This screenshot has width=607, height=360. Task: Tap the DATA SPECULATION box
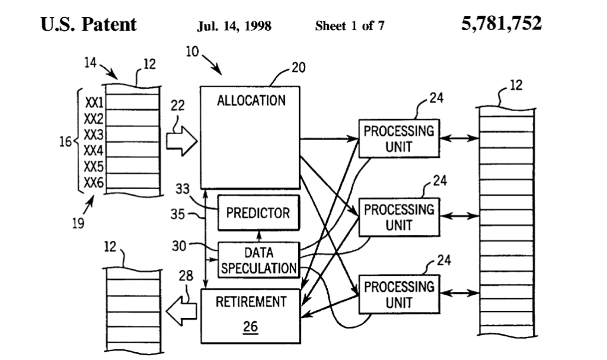pyautogui.click(x=258, y=260)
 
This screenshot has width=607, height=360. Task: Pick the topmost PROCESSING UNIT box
pyautogui.click(x=398, y=139)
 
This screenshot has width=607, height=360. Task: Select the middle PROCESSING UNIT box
pyautogui.click(x=398, y=218)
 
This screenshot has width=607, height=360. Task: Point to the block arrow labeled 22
pyautogui.click(x=181, y=143)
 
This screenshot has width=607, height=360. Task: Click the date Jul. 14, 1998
pyautogui.click(x=234, y=26)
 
